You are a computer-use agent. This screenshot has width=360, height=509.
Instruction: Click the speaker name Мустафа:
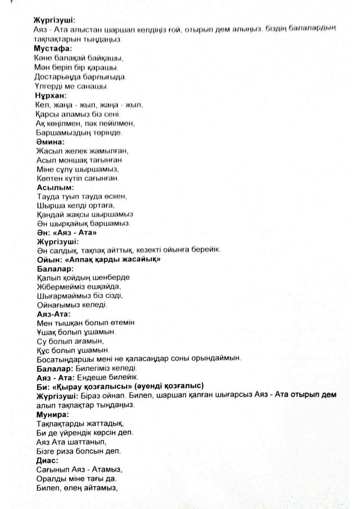pos(53,48)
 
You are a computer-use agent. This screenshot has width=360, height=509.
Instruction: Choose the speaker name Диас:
pos(48,461)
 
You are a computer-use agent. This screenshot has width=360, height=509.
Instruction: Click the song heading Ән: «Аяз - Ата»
pos(66,232)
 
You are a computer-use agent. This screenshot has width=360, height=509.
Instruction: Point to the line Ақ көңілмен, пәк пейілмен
pos(86,124)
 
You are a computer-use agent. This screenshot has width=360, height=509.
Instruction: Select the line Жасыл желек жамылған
pos(83,152)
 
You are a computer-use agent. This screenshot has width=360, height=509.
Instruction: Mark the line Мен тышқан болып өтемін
pos(86,323)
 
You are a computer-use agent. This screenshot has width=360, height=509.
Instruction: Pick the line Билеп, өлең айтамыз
pos(76,488)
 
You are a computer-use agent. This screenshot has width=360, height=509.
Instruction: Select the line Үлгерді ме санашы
pos(72,86)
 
